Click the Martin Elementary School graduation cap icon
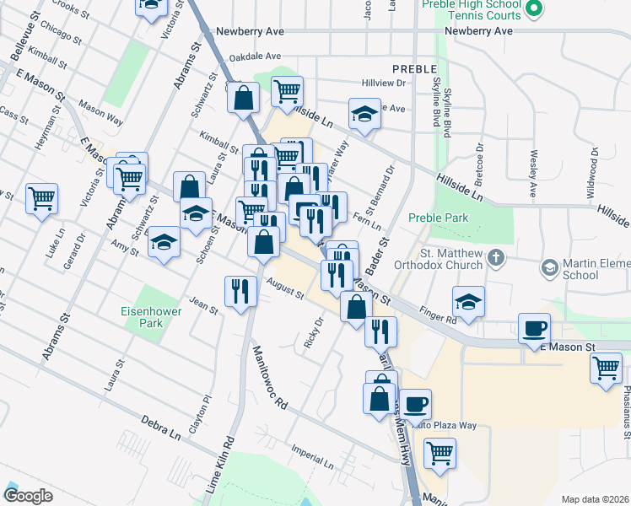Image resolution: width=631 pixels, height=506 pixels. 550,267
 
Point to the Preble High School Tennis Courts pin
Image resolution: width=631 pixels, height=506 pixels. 533,10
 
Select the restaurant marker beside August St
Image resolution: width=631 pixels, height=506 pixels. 240,291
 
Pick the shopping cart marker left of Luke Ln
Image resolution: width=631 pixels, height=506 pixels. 41,199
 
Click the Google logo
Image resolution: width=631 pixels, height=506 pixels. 28,496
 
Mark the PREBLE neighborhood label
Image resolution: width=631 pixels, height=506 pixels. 415,68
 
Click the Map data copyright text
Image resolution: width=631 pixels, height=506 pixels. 596,498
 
